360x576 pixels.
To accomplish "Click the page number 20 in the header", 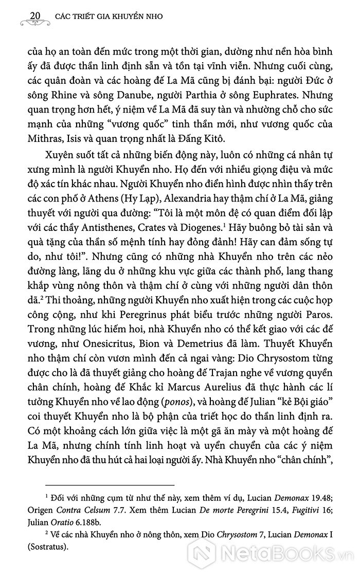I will (x=36, y=14).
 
